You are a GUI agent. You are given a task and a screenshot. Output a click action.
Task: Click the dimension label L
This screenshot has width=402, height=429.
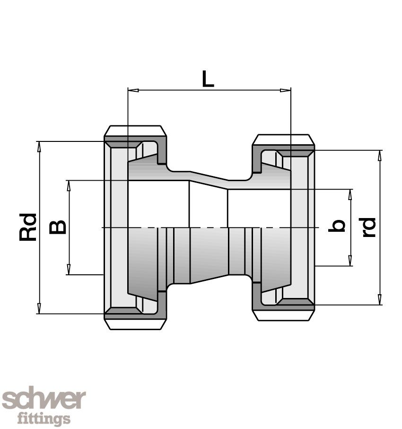(x=208, y=79)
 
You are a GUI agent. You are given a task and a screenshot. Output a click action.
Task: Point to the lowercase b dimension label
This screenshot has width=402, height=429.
(x=336, y=226)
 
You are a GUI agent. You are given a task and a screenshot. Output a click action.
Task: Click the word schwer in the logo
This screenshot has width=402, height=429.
(x=44, y=400)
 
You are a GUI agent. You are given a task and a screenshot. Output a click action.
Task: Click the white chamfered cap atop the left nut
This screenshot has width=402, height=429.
(x=135, y=131)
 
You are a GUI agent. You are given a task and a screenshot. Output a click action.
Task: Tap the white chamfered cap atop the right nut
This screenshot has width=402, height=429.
(x=283, y=140)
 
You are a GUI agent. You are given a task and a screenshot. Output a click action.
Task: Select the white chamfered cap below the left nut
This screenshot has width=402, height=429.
(x=135, y=324)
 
